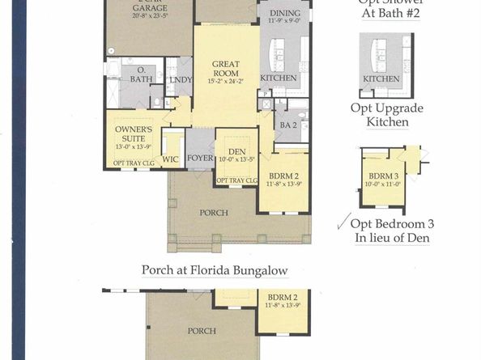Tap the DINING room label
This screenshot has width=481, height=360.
point(286,14)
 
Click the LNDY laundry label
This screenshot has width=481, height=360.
point(178,79)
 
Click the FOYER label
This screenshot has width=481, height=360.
point(199,158)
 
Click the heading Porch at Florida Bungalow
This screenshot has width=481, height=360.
point(214,270)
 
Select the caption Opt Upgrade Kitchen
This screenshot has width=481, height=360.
point(385,115)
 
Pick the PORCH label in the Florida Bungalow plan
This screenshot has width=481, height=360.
point(202,331)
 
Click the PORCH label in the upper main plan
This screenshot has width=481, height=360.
point(214,213)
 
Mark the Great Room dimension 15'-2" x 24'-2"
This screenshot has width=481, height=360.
point(225,80)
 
